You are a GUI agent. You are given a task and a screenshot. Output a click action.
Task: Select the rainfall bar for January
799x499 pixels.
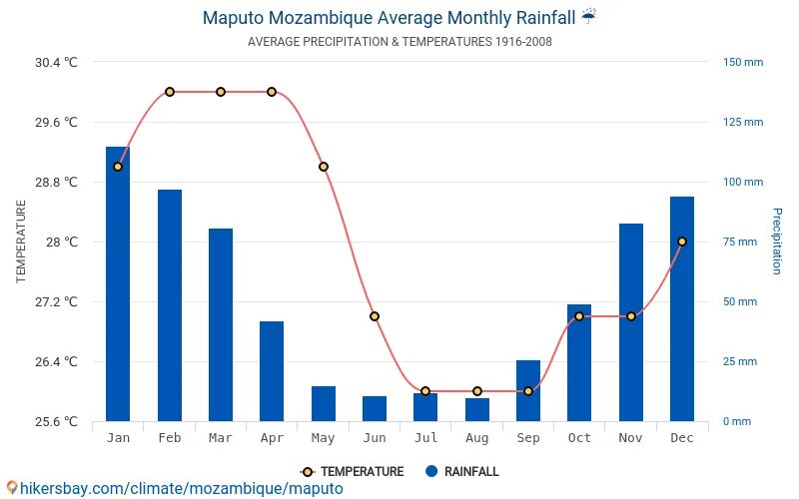click(x=118, y=284)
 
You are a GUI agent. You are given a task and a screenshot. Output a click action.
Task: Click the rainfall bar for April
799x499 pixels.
click(x=272, y=371)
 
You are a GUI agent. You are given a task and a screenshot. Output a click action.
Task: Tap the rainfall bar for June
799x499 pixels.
click(x=375, y=409)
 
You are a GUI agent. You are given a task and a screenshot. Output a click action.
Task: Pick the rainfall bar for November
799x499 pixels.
click(x=630, y=322)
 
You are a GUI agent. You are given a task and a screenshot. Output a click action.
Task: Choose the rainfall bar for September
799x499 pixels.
click(x=528, y=391)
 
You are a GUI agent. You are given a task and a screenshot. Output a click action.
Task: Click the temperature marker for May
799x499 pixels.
click(x=323, y=167)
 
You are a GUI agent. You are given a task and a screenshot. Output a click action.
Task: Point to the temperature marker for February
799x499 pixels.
click(x=170, y=92)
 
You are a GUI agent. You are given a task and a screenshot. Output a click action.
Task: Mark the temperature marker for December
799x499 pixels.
click(x=682, y=242)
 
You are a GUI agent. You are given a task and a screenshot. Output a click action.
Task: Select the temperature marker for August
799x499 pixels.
click(x=477, y=391)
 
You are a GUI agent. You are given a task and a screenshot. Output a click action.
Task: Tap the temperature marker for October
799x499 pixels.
click(x=579, y=316)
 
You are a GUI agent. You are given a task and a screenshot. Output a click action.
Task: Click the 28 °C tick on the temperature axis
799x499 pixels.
click(x=57, y=242)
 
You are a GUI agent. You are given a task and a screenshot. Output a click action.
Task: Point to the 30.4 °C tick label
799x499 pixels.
click(x=56, y=62)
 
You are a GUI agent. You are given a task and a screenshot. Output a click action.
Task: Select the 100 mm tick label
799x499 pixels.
click(x=743, y=182)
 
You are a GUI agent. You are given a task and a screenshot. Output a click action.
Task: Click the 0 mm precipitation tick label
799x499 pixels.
click(x=737, y=421)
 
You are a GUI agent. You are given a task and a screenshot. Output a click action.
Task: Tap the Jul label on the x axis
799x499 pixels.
click(x=425, y=438)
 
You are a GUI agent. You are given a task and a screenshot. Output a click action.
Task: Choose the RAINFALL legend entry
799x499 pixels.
click(x=461, y=472)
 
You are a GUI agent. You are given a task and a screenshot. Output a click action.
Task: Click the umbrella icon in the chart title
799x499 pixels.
click(x=589, y=17)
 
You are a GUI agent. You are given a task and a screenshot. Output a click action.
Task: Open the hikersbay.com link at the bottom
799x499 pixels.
click(x=174, y=489)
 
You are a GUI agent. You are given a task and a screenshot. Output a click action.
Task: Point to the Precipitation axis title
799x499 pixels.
click(x=776, y=242)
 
